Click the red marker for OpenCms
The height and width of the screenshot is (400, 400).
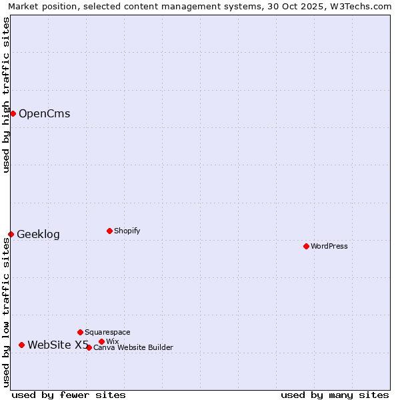(x=13, y=113)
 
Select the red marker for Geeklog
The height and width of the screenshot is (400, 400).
(x=11, y=234)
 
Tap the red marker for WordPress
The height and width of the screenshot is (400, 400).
(x=306, y=246)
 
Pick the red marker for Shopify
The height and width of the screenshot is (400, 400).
(x=109, y=231)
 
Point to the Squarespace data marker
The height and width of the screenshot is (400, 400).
(x=80, y=332)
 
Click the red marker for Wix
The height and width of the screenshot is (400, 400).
(x=101, y=341)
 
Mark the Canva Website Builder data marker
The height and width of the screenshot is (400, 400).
(x=89, y=347)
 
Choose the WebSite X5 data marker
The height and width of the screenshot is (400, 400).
(x=21, y=345)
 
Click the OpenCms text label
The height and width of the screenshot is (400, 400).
(x=44, y=113)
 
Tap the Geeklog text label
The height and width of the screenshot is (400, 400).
(x=38, y=234)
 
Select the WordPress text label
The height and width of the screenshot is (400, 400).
(x=329, y=246)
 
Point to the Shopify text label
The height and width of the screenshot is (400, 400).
(x=127, y=231)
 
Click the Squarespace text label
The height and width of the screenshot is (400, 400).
(x=107, y=332)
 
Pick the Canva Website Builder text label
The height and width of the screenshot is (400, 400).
(x=133, y=347)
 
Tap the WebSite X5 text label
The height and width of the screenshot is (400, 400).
(x=58, y=345)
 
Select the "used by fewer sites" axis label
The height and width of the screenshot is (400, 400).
(x=69, y=395)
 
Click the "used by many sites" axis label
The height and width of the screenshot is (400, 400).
(x=335, y=395)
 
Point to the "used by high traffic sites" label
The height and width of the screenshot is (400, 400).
(x=6, y=95)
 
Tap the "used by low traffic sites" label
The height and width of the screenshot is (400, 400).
(x=6, y=312)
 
